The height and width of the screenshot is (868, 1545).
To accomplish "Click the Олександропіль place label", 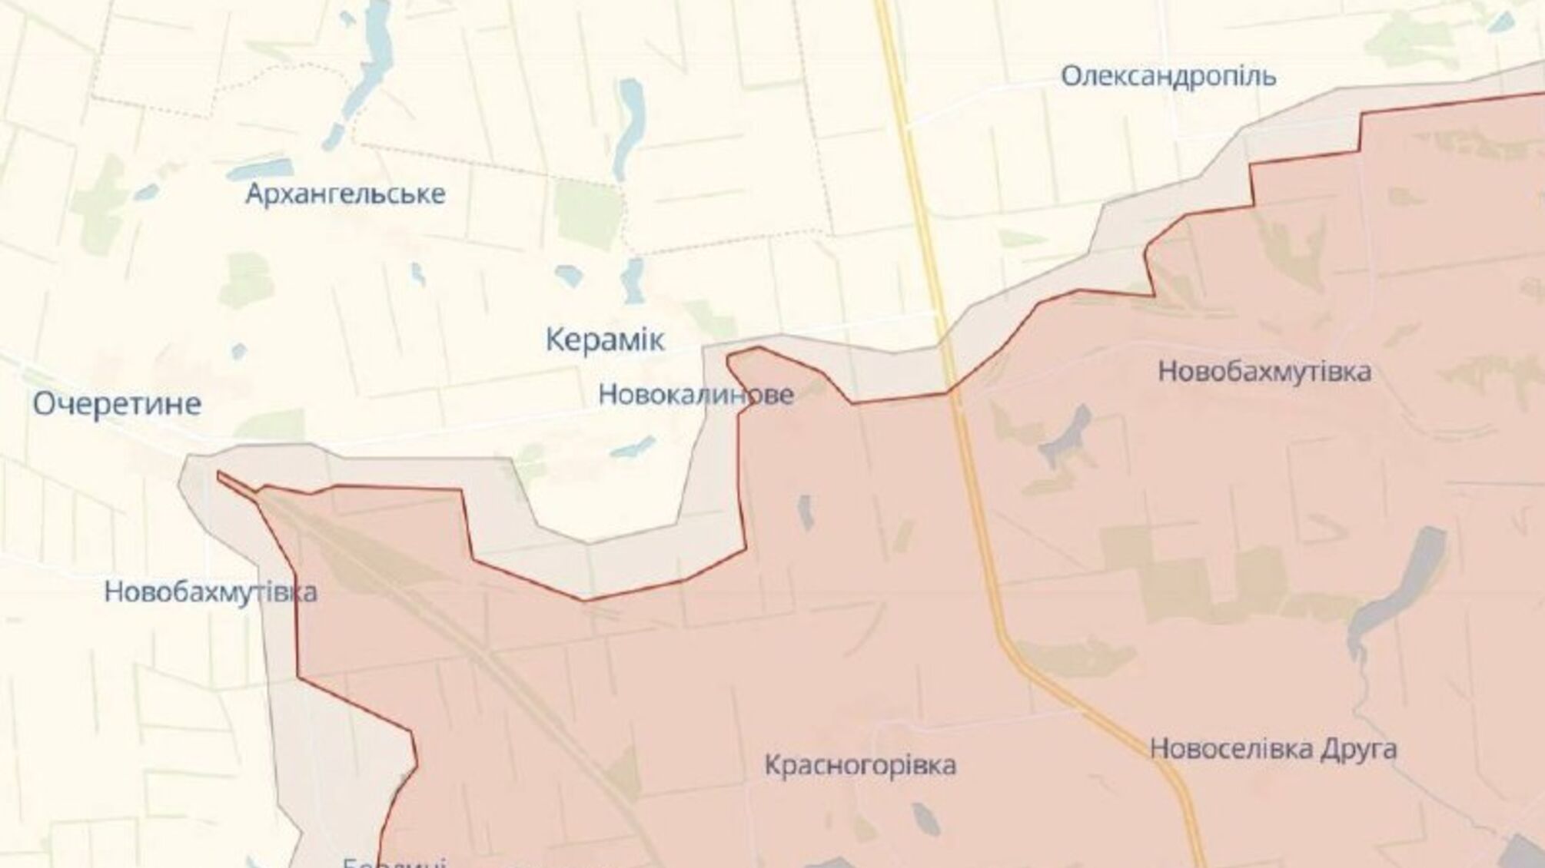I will pyautogui.click(x=1168, y=77).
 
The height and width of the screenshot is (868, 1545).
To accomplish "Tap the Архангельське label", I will pyautogui.click(x=345, y=194).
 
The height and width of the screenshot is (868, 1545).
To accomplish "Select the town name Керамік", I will pyautogui.click(x=605, y=340).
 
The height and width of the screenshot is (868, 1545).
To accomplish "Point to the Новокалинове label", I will pyautogui.click(x=696, y=395).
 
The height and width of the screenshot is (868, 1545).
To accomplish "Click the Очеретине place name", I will pyautogui.click(x=117, y=404).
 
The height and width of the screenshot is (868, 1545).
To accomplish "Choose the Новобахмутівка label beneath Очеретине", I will pyautogui.click(x=211, y=592).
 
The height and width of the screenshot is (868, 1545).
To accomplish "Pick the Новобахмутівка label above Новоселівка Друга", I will pyautogui.click(x=1264, y=372).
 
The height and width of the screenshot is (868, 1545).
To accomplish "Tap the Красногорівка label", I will pyautogui.click(x=860, y=765).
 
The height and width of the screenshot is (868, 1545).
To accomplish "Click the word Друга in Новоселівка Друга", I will pyautogui.click(x=1357, y=748).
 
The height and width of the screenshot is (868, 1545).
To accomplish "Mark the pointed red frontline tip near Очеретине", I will pyautogui.click(x=221, y=477).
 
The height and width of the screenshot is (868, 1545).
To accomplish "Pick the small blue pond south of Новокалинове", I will pyautogui.click(x=633, y=447).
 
